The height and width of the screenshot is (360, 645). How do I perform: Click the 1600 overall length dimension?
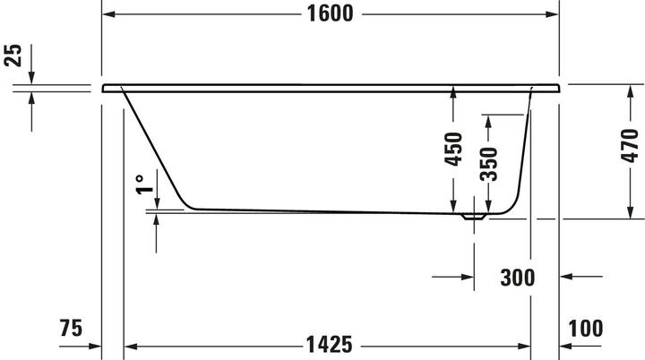click(329, 13)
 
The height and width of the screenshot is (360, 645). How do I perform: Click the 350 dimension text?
click(489, 163)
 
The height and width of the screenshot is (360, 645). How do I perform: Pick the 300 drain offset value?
click(518, 278)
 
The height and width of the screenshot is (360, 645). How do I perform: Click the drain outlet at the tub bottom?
click(473, 215)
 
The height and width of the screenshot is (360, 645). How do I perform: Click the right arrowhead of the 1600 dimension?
click(554, 14)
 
